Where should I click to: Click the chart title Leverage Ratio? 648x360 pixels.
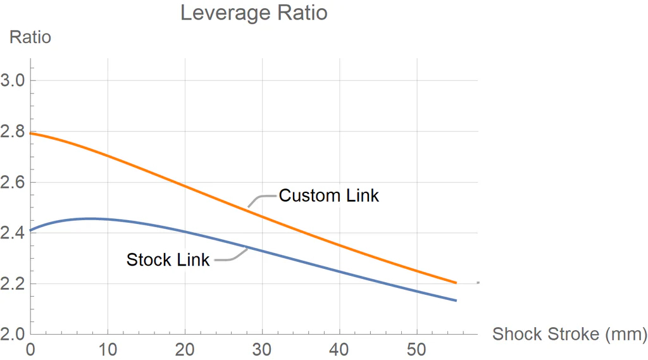tap(254, 13)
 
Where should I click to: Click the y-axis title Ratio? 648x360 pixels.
tap(30, 37)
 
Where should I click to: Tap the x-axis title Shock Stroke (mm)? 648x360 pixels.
tap(570, 333)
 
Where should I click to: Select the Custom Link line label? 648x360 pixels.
tap(329, 196)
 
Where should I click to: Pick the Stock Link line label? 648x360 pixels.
tap(168, 260)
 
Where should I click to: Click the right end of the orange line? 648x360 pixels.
tap(456, 283)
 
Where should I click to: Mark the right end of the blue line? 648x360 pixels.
tap(456, 300)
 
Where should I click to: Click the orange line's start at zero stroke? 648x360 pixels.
tap(31, 133)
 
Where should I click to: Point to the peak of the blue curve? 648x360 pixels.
tap(90, 218)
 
